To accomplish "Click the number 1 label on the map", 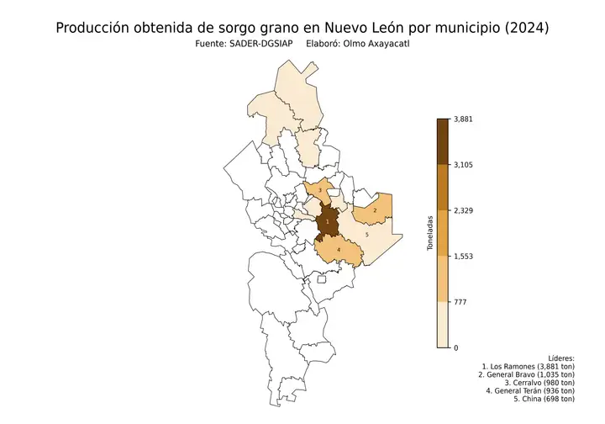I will pos(327,221).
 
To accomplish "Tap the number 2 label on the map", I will pos(375,210).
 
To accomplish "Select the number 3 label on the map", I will pos(320,191).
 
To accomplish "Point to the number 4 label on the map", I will pos(339,250).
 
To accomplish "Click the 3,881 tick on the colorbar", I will pos(463,119).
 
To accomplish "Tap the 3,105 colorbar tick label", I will pos(463,165).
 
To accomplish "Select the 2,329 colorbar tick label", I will pos(463,210).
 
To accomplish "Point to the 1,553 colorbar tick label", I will pos(463,256).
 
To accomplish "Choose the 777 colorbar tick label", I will pos(459,301).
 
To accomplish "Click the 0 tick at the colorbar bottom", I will pos(455,347).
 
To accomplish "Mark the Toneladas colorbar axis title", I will pos(429,233).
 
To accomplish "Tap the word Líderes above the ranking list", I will pos(560,358).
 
